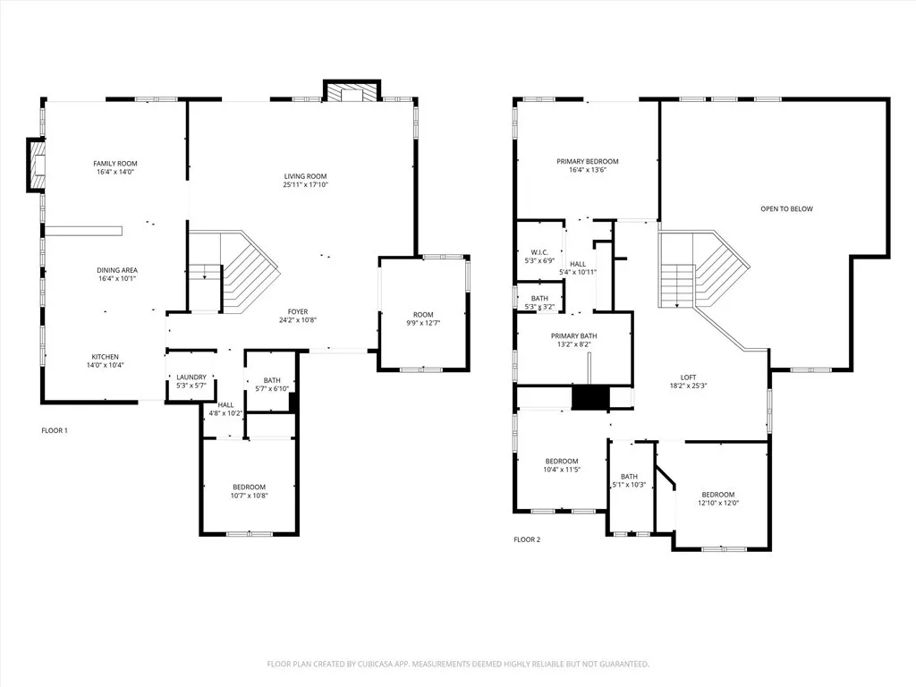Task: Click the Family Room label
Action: click(115, 164)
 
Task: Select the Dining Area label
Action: click(117, 270)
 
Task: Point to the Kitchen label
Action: click(105, 357)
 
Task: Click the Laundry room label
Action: click(191, 377)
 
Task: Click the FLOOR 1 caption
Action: click(55, 430)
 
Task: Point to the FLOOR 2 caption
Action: click(527, 539)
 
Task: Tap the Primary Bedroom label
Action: click(587, 162)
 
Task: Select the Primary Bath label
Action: click(573, 335)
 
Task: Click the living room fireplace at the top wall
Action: click(352, 92)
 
